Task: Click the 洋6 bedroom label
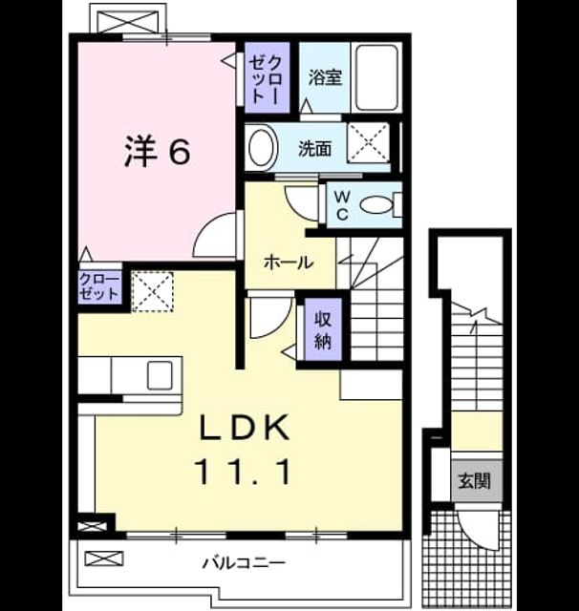tap(158, 152)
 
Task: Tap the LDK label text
tap(245, 428)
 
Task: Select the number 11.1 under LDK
tap(245, 472)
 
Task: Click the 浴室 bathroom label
tap(325, 77)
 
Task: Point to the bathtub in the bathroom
tap(377, 77)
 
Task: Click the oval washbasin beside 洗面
tap(263, 147)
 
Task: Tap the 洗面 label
tap(315, 149)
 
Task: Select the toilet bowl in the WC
tap(375, 205)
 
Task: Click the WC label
tap(342, 206)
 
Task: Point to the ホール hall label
tap(289, 263)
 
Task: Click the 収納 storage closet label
tap(323, 330)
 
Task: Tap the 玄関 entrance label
tap(475, 481)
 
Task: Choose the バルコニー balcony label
tap(244, 562)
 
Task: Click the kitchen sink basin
tap(160, 375)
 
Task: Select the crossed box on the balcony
tap(104, 558)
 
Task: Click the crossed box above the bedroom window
tap(129, 19)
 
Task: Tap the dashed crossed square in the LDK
tap(153, 291)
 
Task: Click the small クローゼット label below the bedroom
tap(99, 286)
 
